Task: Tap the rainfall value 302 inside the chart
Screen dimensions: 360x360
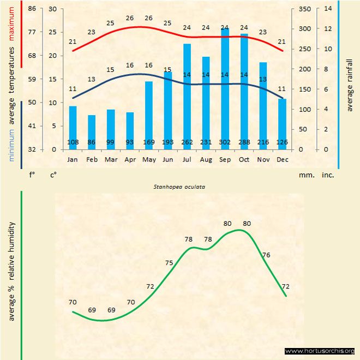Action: point(225,142)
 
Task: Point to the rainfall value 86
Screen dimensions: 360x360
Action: point(92,142)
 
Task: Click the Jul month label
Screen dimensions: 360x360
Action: point(187,159)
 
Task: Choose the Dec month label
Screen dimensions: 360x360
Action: point(282,159)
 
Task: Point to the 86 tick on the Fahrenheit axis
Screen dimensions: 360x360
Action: point(32,9)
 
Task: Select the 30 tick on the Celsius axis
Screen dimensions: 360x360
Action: point(53,9)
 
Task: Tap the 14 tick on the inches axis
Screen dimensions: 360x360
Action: point(328,9)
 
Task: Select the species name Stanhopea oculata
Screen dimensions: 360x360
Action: point(175,187)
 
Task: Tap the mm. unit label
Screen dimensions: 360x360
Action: point(305,175)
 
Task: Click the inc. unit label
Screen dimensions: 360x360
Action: point(328,175)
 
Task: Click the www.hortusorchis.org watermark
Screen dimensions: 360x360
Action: point(320,351)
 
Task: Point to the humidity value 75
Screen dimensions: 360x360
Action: point(169,263)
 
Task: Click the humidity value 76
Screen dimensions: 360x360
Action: point(266,255)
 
